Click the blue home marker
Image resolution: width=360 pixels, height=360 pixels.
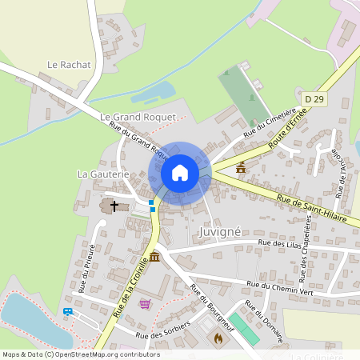[180, 173]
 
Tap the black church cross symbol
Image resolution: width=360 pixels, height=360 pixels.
[114, 206]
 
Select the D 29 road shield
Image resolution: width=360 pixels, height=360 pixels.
[314, 98]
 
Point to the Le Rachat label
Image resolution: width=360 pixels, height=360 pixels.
[70, 64]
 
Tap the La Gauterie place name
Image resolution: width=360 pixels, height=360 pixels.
[102, 173]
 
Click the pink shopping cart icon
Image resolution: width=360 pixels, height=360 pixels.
[145, 303]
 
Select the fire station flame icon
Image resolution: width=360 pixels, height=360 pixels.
[217, 338]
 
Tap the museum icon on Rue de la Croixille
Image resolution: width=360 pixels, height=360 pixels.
[154, 256]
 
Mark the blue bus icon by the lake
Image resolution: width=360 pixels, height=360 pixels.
[68, 311]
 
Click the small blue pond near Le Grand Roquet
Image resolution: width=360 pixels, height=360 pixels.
[154, 91]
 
